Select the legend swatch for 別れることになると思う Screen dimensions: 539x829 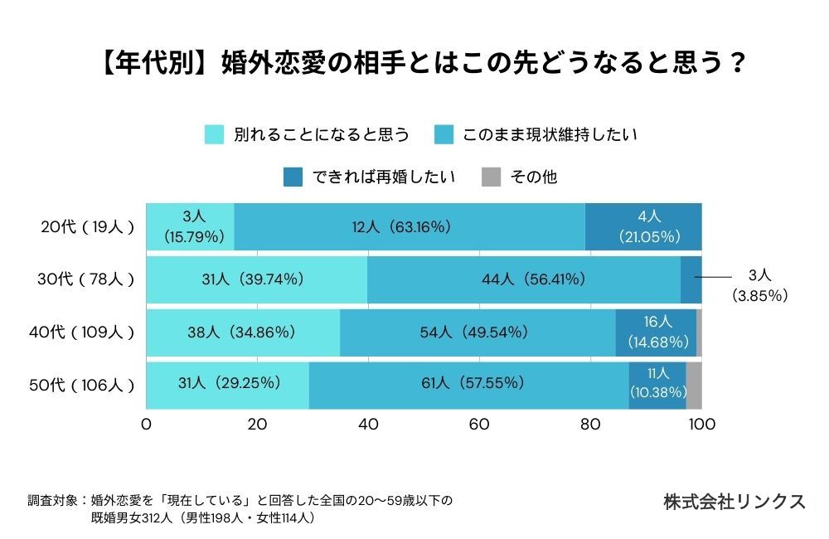pos(215,134)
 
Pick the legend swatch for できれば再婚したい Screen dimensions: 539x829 pos(293,177)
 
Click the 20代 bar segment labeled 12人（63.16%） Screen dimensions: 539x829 pos(410,226)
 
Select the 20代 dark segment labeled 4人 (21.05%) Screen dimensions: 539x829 pos(643,226)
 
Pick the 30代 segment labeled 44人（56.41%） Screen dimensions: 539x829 pos(524,279)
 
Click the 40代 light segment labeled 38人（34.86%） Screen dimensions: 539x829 pos(243,333)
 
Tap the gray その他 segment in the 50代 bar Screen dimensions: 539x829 pos(694,385)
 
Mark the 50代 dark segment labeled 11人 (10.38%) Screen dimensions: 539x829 pos(657,385)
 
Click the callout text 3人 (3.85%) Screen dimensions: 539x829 pos(759,284)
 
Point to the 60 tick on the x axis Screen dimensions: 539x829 pos(479,425)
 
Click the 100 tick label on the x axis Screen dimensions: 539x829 pos(701,425)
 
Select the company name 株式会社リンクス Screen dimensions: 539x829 pos(734,502)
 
